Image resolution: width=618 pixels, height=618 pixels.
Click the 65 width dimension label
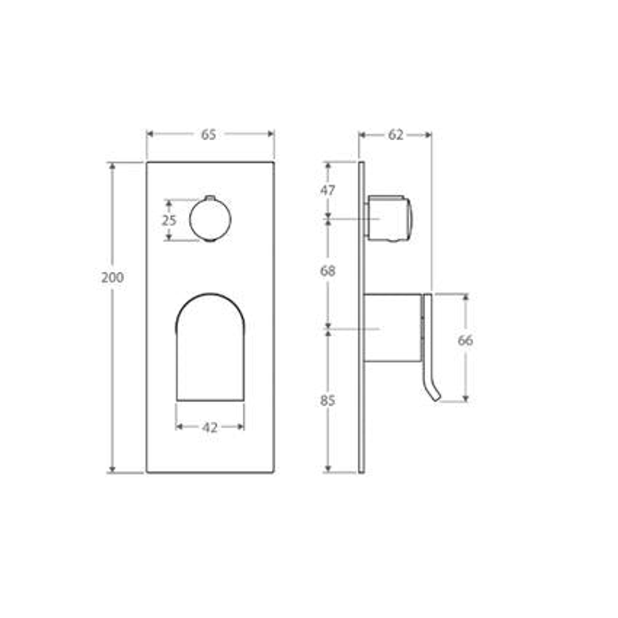pyautogui.click(x=209, y=134)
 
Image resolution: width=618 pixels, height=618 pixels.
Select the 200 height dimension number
pyautogui.click(x=112, y=278)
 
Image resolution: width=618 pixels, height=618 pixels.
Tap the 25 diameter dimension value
pyautogui.click(x=168, y=220)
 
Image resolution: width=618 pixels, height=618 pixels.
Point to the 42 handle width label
pyautogui.click(x=210, y=427)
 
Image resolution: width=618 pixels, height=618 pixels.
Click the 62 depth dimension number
pyautogui.click(x=395, y=135)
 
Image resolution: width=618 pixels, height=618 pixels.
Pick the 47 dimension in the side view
pyautogui.click(x=327, y=191)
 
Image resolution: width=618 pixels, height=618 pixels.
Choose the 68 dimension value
pyautogui.click(x=327, y=271)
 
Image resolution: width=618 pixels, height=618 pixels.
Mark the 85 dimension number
pyautogui.click(x=327, y=401)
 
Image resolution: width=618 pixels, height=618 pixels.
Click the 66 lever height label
pyautogui.click(x=465, y=340)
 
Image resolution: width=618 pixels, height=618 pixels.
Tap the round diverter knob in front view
pyautogui.click(x=210, y=220)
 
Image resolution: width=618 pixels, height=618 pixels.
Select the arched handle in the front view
pyautogui.click(x=210, y=349)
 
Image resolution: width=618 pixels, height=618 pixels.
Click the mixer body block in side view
pyautogui.click(x=393, y=328)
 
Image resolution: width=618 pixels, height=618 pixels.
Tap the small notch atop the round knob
pyautogui.click(x=210, y=197)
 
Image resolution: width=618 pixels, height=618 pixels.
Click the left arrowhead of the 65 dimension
pyautogui.click(x=150, y=134)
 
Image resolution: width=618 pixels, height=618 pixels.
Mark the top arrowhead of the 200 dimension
pyautogui.click(x=112, y=166)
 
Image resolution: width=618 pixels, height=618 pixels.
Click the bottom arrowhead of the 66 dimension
pyautogui.click(x=465, y=398)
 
